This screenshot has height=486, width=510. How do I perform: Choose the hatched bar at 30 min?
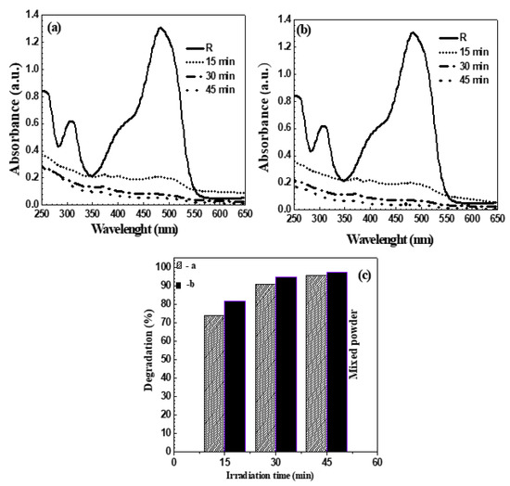tap(265, 365)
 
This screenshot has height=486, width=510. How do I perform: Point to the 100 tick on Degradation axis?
tap(164, 266)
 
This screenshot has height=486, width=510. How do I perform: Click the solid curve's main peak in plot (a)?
tap(160, 28)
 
